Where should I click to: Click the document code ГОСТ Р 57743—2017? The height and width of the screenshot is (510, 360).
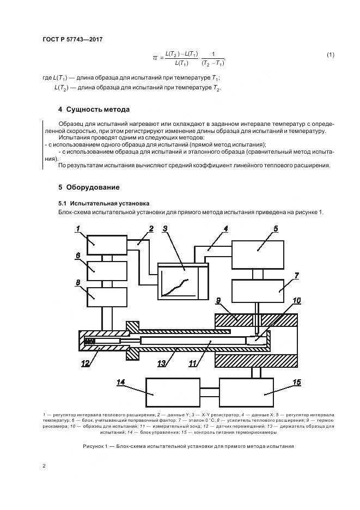tap(73, 39)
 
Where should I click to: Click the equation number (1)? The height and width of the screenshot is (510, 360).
tap(330, 55)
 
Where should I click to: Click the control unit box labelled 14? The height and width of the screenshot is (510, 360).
tap(172, 392)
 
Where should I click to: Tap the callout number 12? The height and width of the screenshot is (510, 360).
tap(86, 363)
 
